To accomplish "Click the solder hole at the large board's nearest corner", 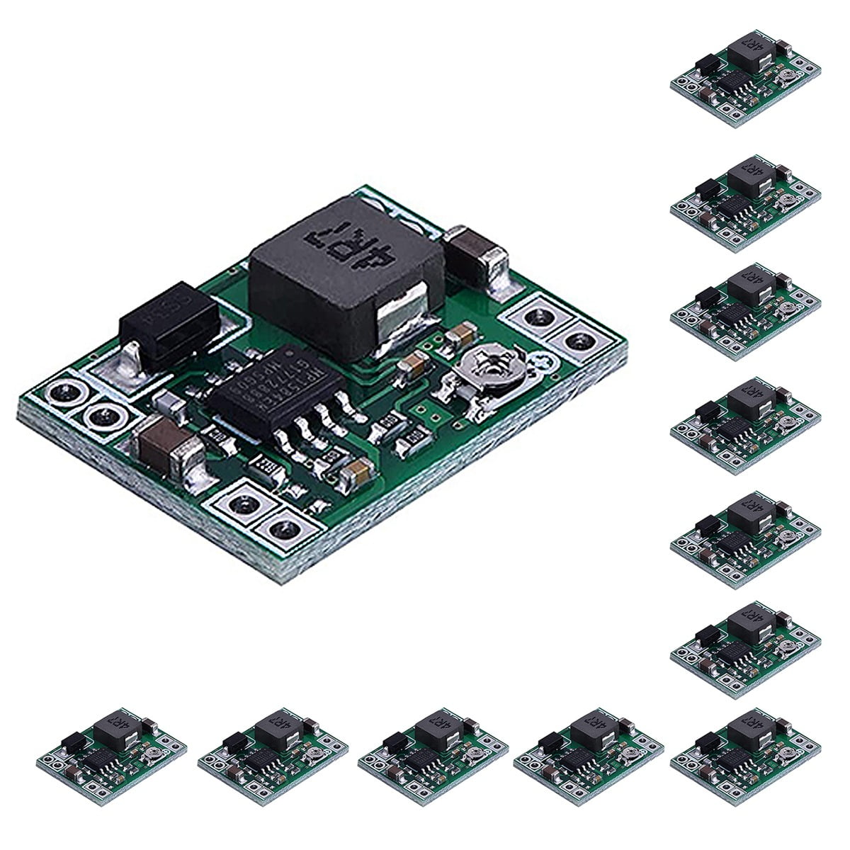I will click(283, 528).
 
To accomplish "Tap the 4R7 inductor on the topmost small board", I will click(747, 60).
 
